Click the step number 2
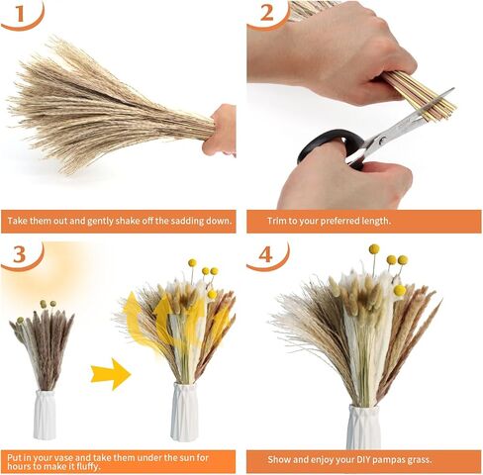(266, 13)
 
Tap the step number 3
(20, 254)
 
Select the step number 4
(266, 254)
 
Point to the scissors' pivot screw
(383, 141)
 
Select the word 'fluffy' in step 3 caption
(88, 467)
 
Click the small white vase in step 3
(45, 415)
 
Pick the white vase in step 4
(363, 427)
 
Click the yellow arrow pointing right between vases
(111, 374)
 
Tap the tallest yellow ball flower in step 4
(374, 249)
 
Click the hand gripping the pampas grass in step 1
(220, 131)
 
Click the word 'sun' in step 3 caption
(184, 458)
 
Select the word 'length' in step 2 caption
(376, 221)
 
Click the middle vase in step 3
(184, 412)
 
